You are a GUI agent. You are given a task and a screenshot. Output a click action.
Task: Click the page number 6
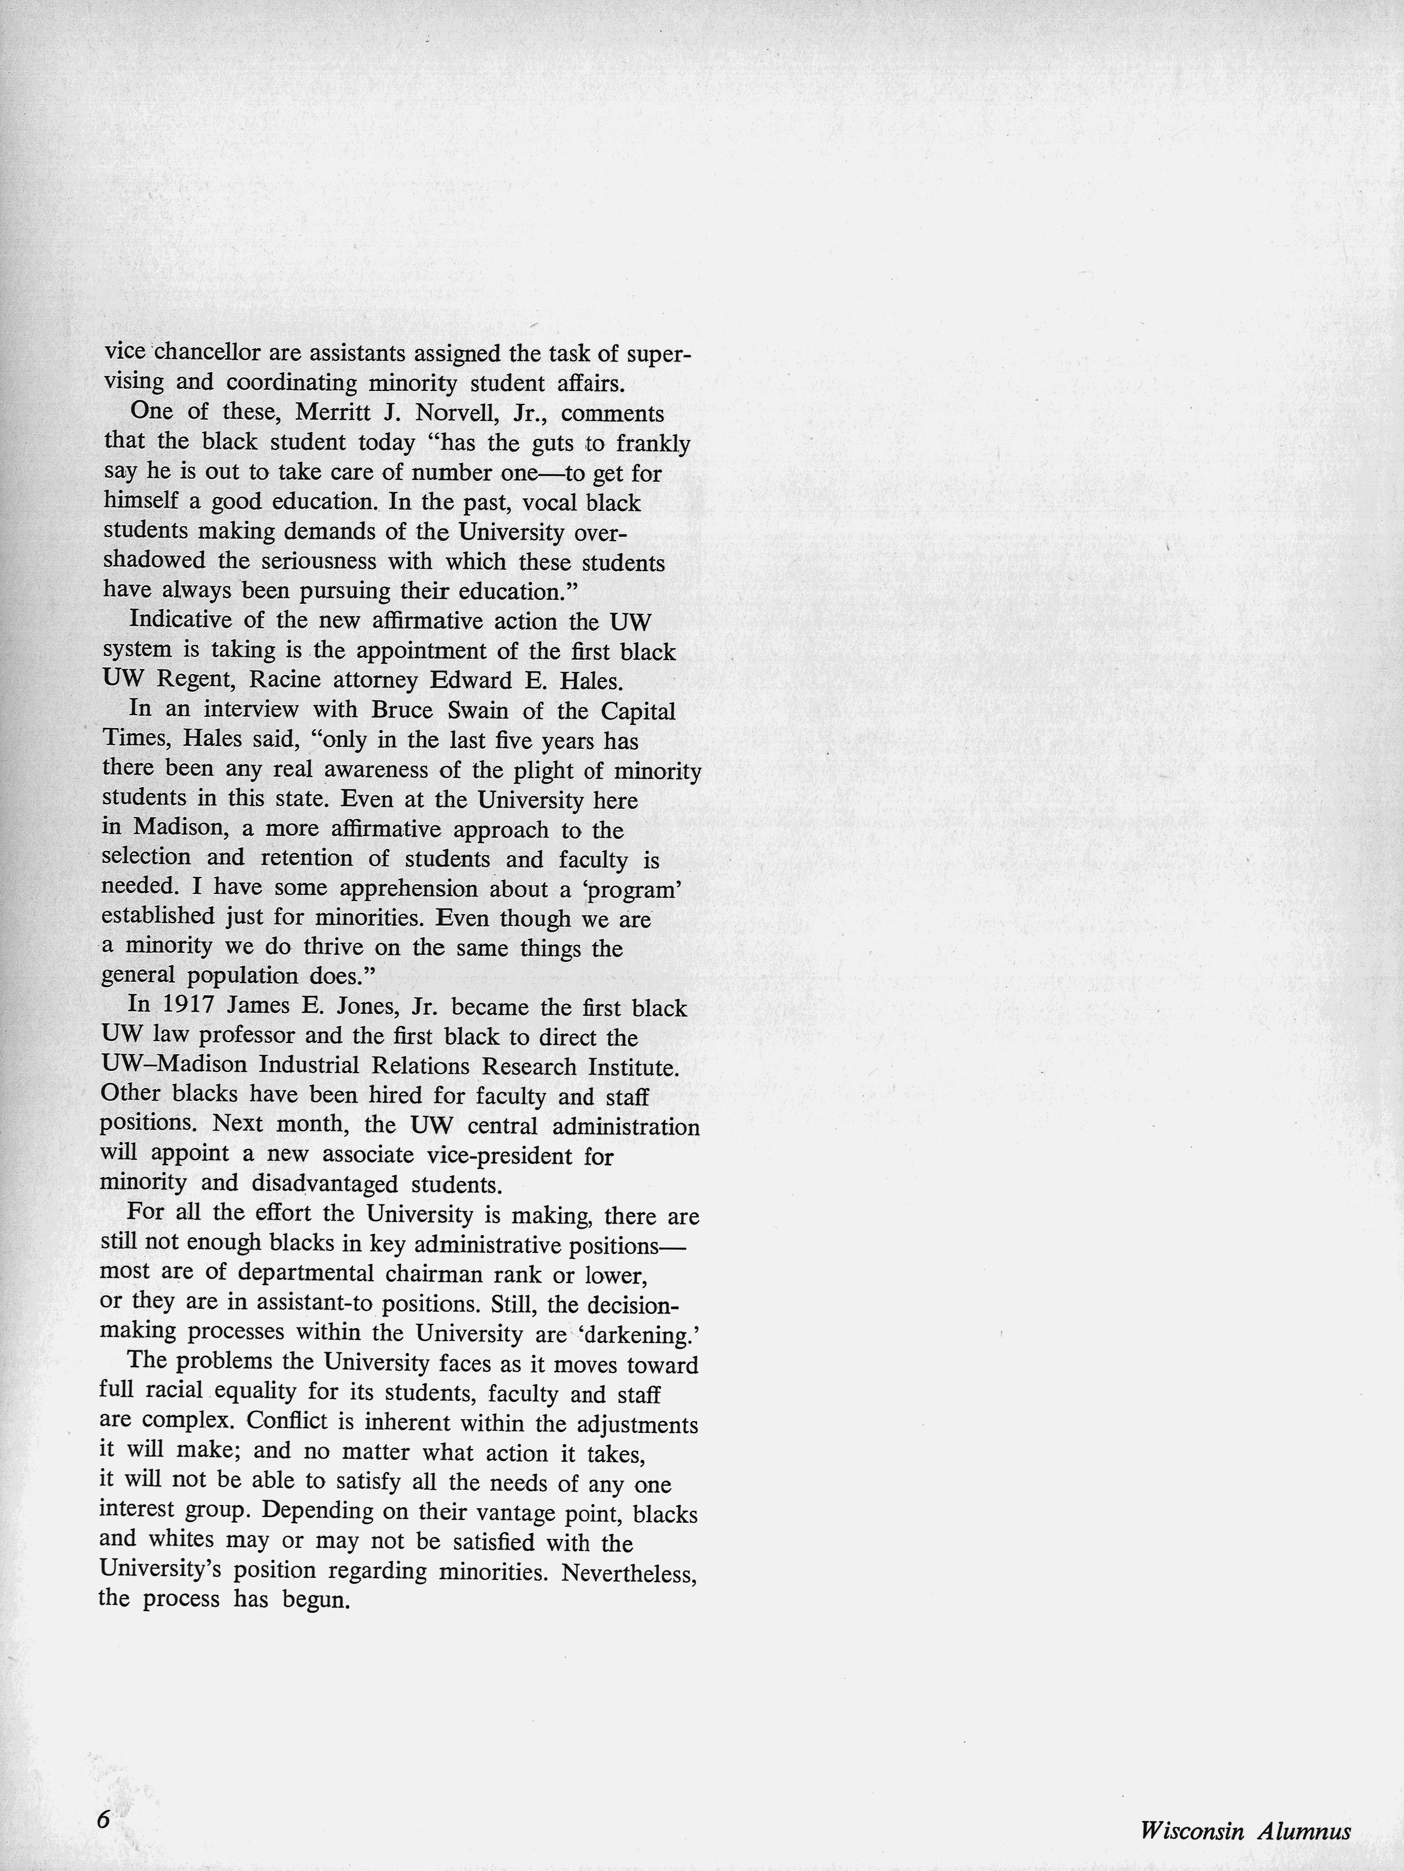pos(103,1813)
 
